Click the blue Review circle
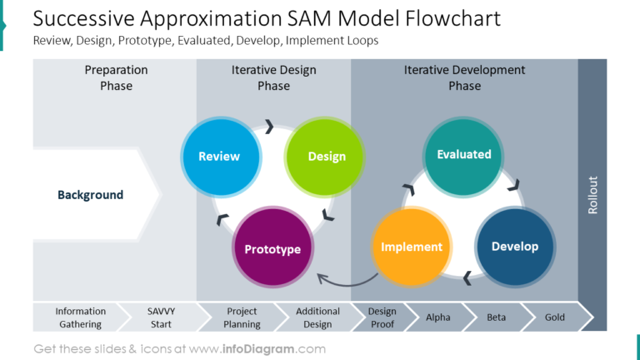pyautogui.click(x=219, y=157)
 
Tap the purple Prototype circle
pyautogui.click(x=272, y=249)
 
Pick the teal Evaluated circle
pyautogui.click(x=464, y=154)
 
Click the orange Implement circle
pyautogui.click(x=411, y=247)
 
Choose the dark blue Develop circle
pyautogui.click(x=514, y=247)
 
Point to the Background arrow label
pyautogui.click(x=90, y=195)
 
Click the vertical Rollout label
pyautogui.click(x=592, y=194)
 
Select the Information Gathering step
pyautogui.click(x=80, y=317)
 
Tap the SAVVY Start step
pyautogui.click(x=162, y=317)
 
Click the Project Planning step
pyautogui.click(x=242, y=317)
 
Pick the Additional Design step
pyautogui.click(x=317, y=317)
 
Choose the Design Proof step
pyautogui.click(x=382, y=317)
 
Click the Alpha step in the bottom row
pyautogui.click(x=437, y=317)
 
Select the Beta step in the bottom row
pyautogui.click(x=496, y=317)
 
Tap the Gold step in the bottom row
pyautogui.click(x=554, y=317)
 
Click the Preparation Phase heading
pyautogui.click(x=116, y=77)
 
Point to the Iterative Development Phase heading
pyautogui.click(x=464, y=77)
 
